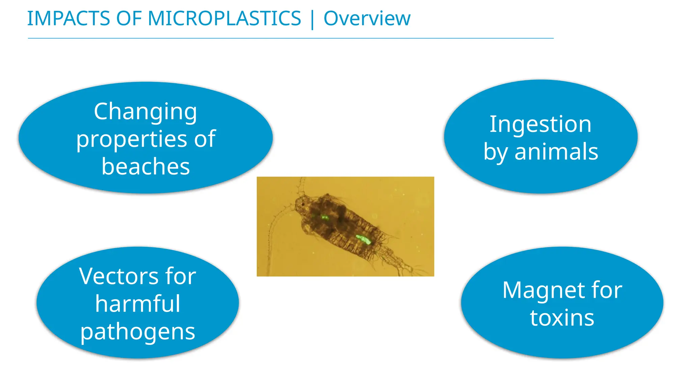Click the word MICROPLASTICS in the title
point(224,18)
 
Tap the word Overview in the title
point(367,18)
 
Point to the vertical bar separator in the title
point(312,19)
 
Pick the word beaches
point(145,166)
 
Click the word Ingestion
point(541,124)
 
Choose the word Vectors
point(118,276)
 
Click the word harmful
point(138,304)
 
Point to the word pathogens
point(138,332)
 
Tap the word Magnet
point(535,290)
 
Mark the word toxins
point(562,318)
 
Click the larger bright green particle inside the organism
point(364,239)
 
